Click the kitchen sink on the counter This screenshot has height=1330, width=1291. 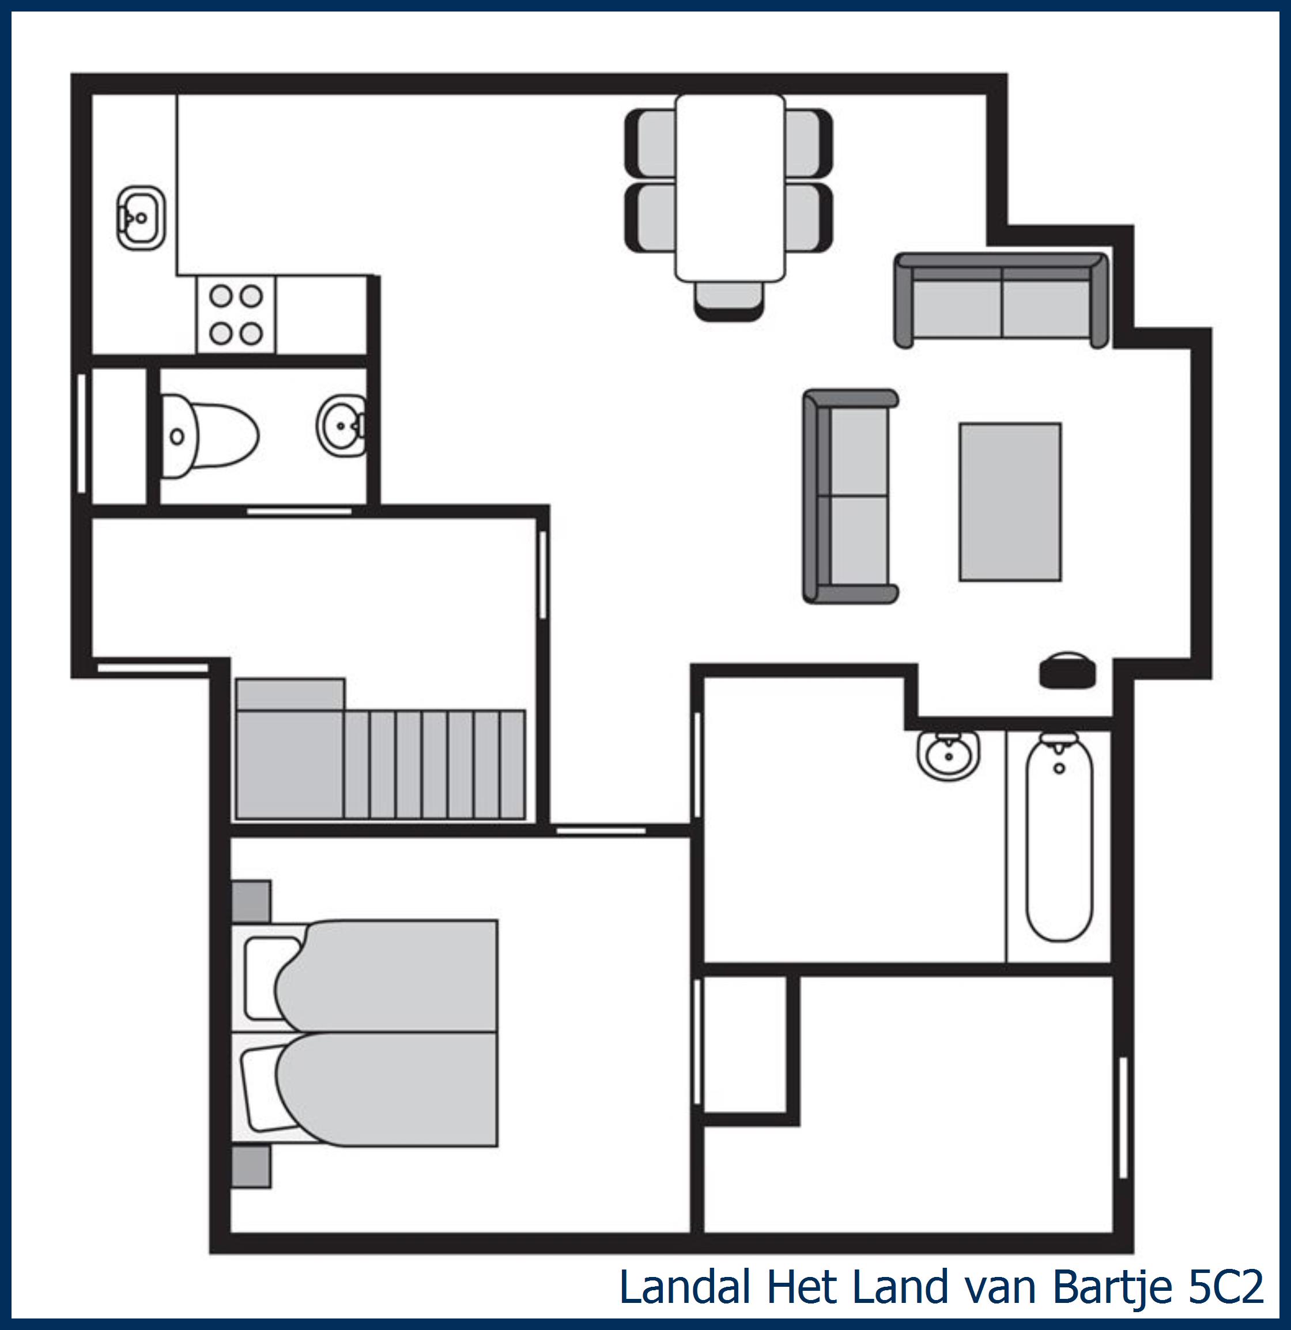[141, 218]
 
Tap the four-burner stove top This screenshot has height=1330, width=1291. [236, 315]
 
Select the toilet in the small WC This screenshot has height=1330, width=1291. [209, 436]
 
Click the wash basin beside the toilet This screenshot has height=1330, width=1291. [341, 425]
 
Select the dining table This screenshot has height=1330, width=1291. [730, 188]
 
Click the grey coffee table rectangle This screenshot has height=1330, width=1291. [1009, 501]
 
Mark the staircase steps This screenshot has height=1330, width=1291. [435, 764]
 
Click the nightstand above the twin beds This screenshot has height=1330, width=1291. [251, 901]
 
